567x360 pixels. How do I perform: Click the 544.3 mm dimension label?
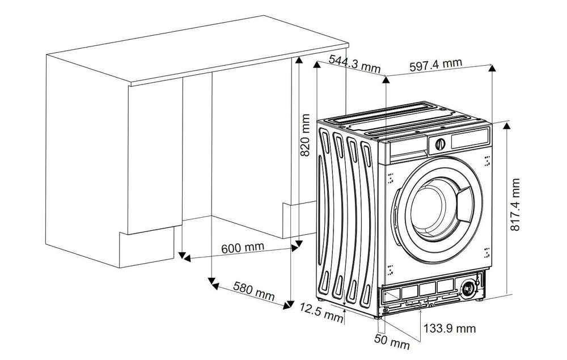coord(354,64)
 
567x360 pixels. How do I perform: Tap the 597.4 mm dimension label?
coord(435,64)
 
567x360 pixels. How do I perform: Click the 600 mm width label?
coord(243,248)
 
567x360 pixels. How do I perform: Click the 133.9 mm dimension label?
coord(450,328)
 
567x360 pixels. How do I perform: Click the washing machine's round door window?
coord(435,206)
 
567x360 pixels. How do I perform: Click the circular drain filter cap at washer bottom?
coord(468,288)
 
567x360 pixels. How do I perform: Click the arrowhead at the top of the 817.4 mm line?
coord(506,124)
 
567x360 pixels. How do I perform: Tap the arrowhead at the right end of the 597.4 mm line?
coord(492,67)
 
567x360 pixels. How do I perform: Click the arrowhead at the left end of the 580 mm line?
coord(211,281)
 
